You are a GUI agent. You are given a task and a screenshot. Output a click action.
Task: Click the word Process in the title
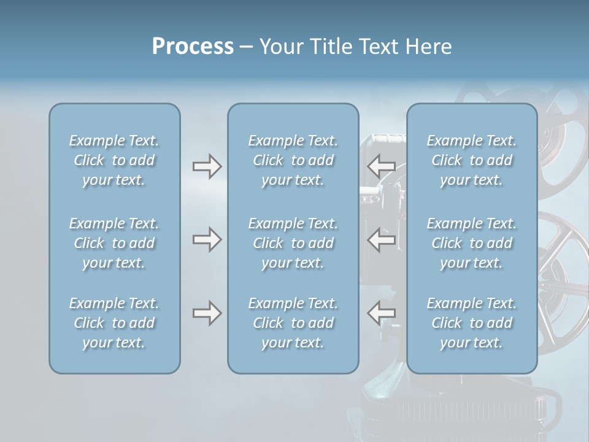[x=193, y=47]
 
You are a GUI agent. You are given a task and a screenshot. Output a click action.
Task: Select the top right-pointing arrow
[x=207, y=166]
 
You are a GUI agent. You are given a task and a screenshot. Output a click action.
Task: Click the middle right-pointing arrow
[x=207, y=239]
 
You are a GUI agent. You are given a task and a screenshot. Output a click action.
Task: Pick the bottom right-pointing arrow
[x=207, y=313]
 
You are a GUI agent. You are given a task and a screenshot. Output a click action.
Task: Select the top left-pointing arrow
[x=381, y=166]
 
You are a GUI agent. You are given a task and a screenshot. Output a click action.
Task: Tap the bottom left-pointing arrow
[x=381, y=313]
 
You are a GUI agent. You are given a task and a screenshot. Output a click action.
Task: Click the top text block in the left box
[x=114, y=160]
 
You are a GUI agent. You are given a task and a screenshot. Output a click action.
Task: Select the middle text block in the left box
[x=114, y=243]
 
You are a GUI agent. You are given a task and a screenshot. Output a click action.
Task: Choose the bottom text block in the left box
[x=114, y=323]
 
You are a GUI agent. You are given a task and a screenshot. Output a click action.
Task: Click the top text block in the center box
[x=293, y=160]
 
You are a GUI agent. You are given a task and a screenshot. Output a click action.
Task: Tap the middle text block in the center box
[x=293, y=243]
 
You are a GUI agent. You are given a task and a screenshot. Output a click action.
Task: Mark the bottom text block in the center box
[x=293, y=323]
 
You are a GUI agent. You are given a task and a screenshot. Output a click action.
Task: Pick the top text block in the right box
[x=471, y=160]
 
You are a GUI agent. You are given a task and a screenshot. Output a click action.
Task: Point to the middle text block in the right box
[x=471, y=243]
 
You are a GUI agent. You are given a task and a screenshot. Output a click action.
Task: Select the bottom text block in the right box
[x=471, y=323]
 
